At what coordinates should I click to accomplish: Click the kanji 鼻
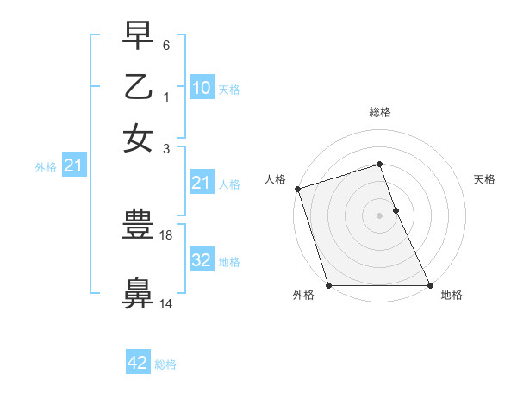point(138,292)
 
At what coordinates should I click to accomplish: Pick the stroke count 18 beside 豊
point(168,234)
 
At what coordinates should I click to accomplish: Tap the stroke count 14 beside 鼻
point(166,302)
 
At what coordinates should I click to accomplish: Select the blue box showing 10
point(201,88)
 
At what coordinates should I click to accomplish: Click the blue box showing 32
point(201,260)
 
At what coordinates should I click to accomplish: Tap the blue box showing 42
point(138,363)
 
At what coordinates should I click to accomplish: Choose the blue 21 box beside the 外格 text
point(73,166)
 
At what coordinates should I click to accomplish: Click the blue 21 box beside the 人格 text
point(201,183)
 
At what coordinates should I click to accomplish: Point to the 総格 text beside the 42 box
point(165,364)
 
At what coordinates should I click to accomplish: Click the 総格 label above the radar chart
point(379,112)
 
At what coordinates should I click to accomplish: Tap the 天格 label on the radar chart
point(484,179)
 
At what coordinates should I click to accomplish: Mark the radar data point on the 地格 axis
point(429,285)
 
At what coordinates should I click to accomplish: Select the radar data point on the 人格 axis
point(297,189)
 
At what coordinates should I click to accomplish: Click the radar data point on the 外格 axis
point(328,285)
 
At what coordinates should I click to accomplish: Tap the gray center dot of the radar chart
point(379,215)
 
